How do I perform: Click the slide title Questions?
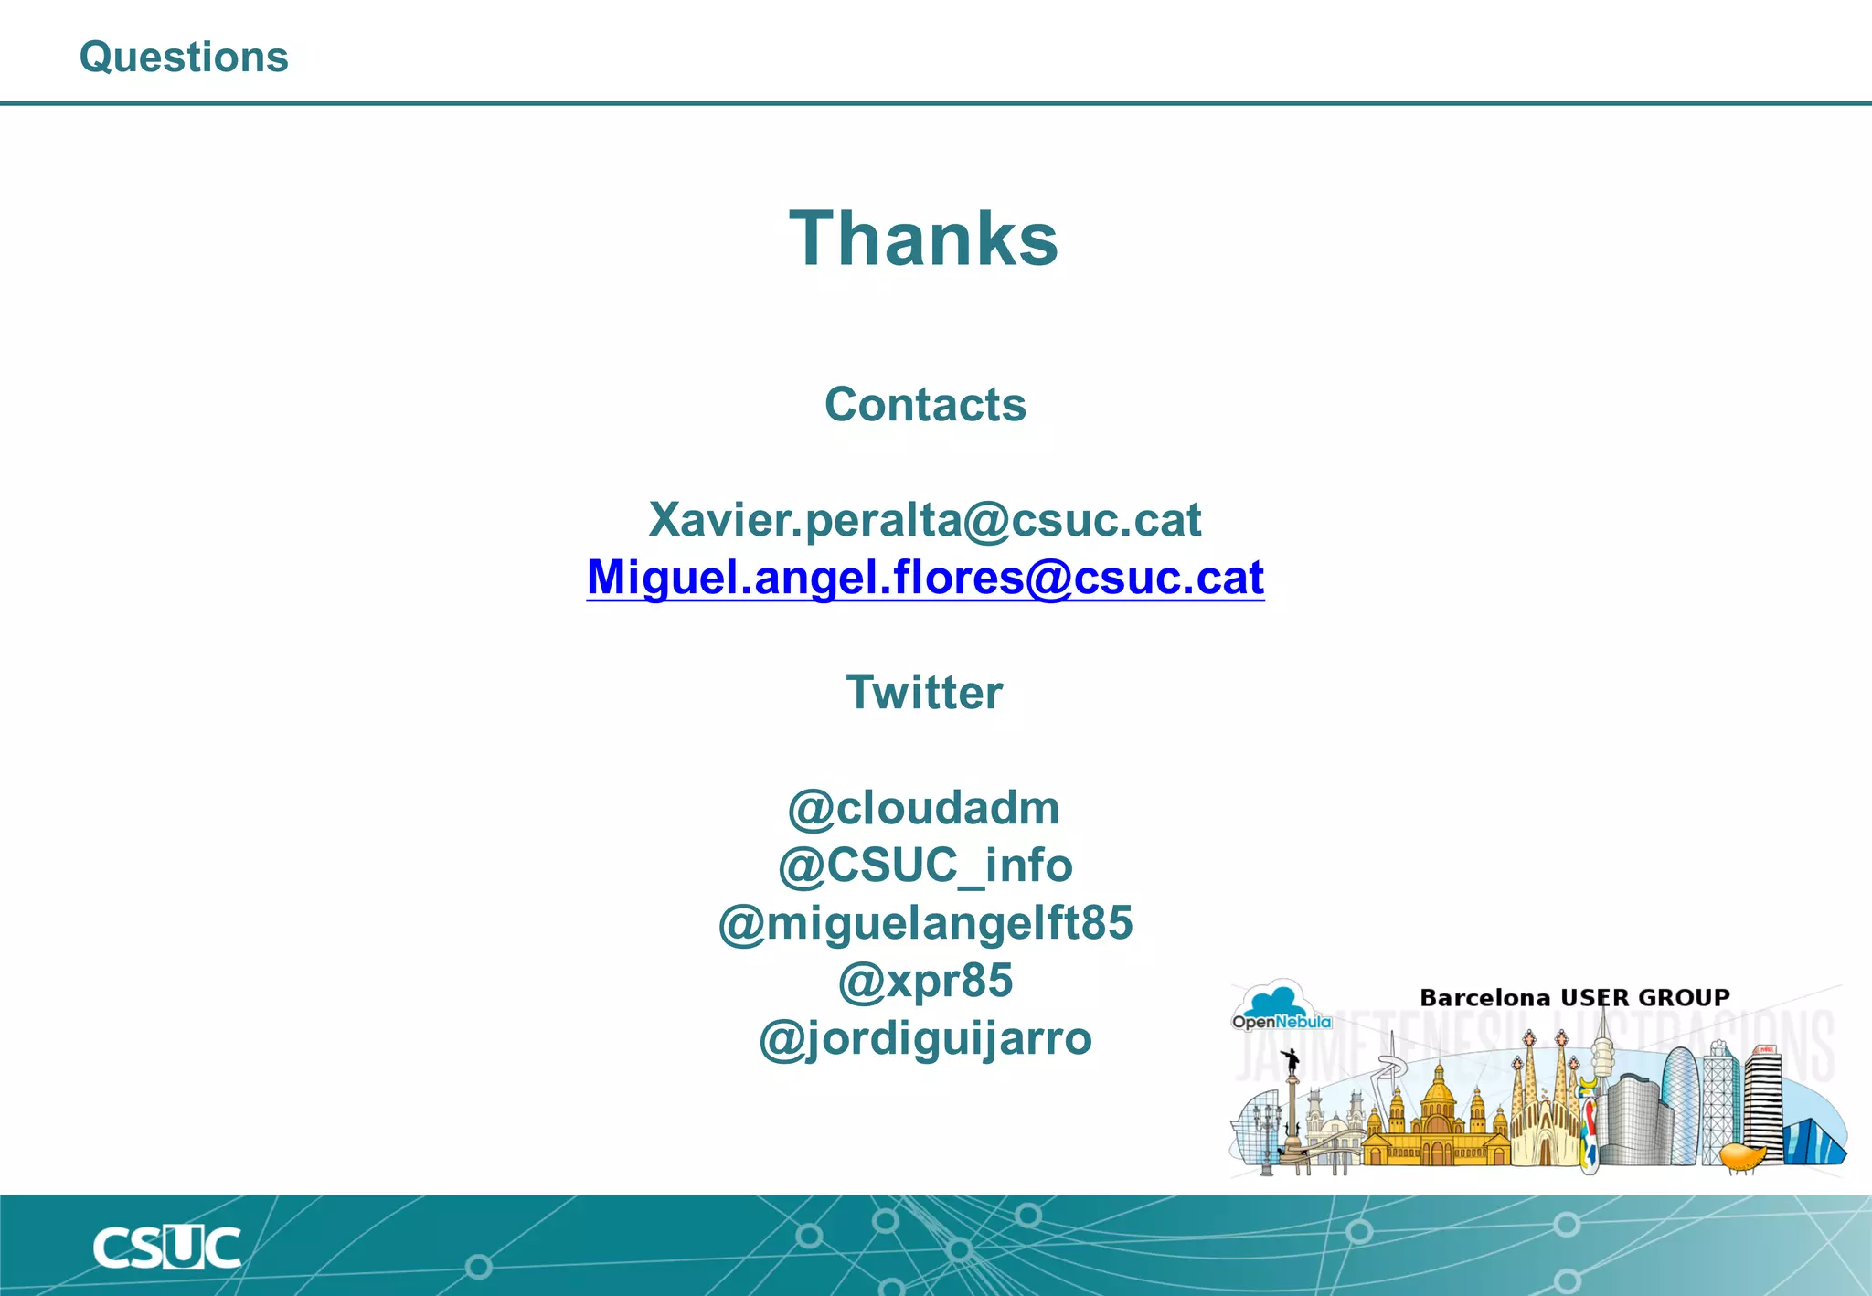point(184,58)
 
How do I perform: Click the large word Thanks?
point(924,239)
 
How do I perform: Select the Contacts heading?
point(925,404)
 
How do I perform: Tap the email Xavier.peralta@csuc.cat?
point(924,520)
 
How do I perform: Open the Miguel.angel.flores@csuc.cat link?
point(925,578)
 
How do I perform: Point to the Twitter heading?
point(924,692)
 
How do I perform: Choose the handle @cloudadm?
point(923,808)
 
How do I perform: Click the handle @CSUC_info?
point(924,866)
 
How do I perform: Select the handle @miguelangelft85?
point(925,923)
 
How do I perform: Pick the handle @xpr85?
point(925,981)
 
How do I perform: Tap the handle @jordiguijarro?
point(925,1038)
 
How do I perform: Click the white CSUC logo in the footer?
point(166,1248)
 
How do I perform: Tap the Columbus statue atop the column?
point(1292,1062)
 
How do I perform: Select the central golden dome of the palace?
point(1438,1092)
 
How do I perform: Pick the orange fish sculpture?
point(1743,1156)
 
